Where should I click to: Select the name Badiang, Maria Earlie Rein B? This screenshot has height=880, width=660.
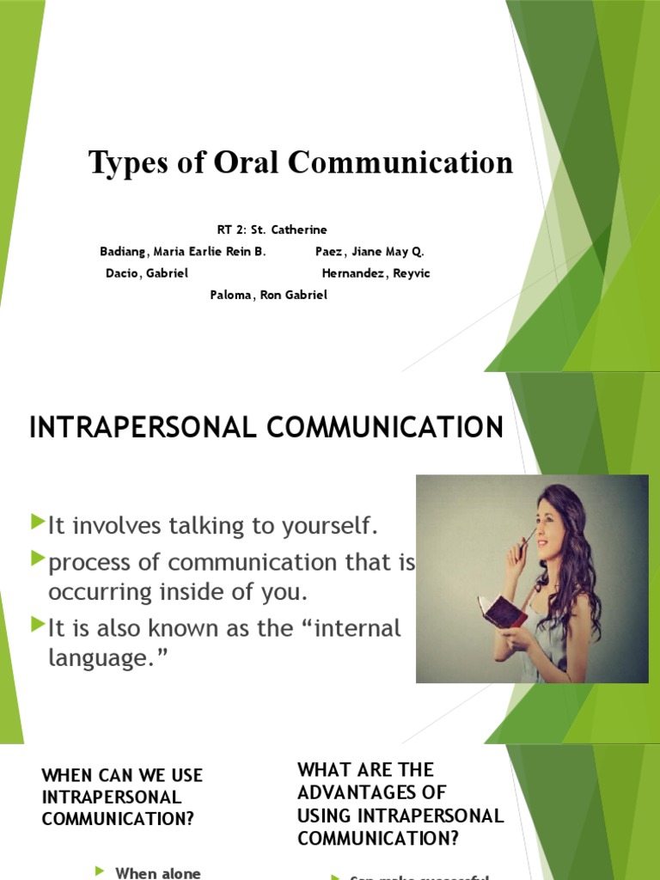click(183, 252)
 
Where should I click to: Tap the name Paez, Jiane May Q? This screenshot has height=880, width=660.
click(370, 252)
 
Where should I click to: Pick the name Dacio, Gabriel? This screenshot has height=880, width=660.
click(146, 273)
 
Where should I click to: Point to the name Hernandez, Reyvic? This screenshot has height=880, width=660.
click(376, 273)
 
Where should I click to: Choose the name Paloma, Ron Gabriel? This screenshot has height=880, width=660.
click(269, 295)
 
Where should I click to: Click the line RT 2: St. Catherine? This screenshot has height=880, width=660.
click(272, 229)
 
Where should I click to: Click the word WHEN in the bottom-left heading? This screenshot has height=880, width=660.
click(66, 775)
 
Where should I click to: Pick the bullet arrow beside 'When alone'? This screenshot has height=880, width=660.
click(99, 871)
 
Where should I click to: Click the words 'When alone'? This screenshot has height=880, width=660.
click(158, 873)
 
